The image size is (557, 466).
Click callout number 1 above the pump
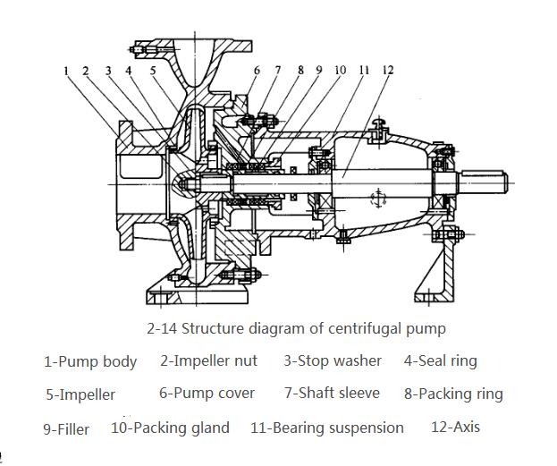pyautogui.click(x=66, y=71)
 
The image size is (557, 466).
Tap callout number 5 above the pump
pyautogui.click(x=153, y=70)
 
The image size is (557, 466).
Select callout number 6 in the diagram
pyautogui.click(x=257, y=70)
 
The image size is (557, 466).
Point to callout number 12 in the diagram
pyautogui.click(x=386, y=70)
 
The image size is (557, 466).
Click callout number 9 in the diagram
pyautogui.click(x=319, y=70)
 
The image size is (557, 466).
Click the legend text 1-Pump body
pyautogui.click(x=90, y=362)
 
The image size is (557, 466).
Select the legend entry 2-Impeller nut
pyautogui.click(x=208, y=360)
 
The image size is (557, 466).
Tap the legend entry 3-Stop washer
pyautogui.click(x=333, y=360)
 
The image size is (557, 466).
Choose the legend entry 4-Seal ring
pyautogui.click(x=440, y=360)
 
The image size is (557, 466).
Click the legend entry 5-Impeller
pyautogui.click(x=80, y=394)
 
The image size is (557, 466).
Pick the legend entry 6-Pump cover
pyautogui.click(x=207, y=393)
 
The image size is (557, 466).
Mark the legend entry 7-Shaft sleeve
pyautogui.click(x=332, y=393)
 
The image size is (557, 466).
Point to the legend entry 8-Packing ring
pyautogui.click(x=453, y=394)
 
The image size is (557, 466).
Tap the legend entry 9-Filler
pyautogui.click(x=66, y=429)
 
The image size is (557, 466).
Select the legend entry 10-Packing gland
pyautogui.click(x=170, y=428)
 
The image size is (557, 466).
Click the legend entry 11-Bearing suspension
pyautogui.click(x=327, y=428)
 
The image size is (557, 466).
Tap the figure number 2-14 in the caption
pyautogui.click(x=163, y=328)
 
